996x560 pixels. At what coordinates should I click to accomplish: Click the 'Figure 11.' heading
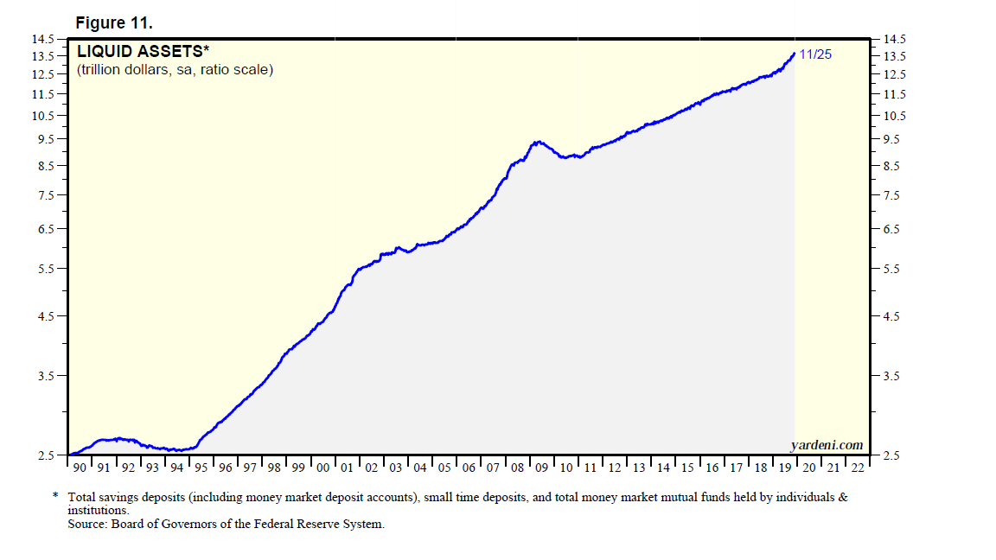point(114,22)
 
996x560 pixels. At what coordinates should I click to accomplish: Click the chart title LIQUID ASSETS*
point(144,51)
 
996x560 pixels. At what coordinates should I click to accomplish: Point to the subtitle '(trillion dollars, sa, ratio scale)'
point(175,69)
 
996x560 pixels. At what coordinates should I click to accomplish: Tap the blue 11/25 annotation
point(815,54)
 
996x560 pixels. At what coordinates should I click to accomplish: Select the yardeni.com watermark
point(827,445)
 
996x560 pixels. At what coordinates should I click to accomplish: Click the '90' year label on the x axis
point(80,468)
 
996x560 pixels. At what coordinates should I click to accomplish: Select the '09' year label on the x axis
point(542,468)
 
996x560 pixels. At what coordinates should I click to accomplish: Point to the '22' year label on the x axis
point(858,468)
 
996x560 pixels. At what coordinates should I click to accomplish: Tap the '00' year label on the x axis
point(322,468)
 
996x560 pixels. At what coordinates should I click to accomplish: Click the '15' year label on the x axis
point(688,468)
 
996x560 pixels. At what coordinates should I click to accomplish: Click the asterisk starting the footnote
point(55,496)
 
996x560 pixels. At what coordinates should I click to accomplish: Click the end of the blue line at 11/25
point(795,54)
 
